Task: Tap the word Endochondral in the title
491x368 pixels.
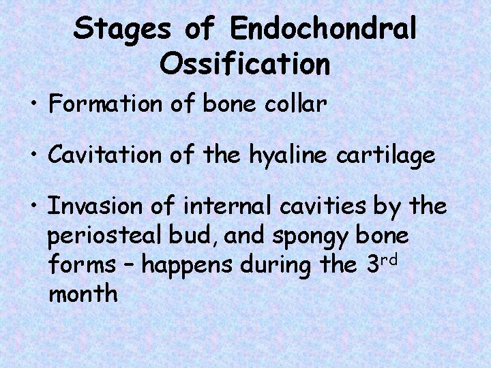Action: [x=323, y=29]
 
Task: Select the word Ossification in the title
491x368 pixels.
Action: [x=245, y=64]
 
